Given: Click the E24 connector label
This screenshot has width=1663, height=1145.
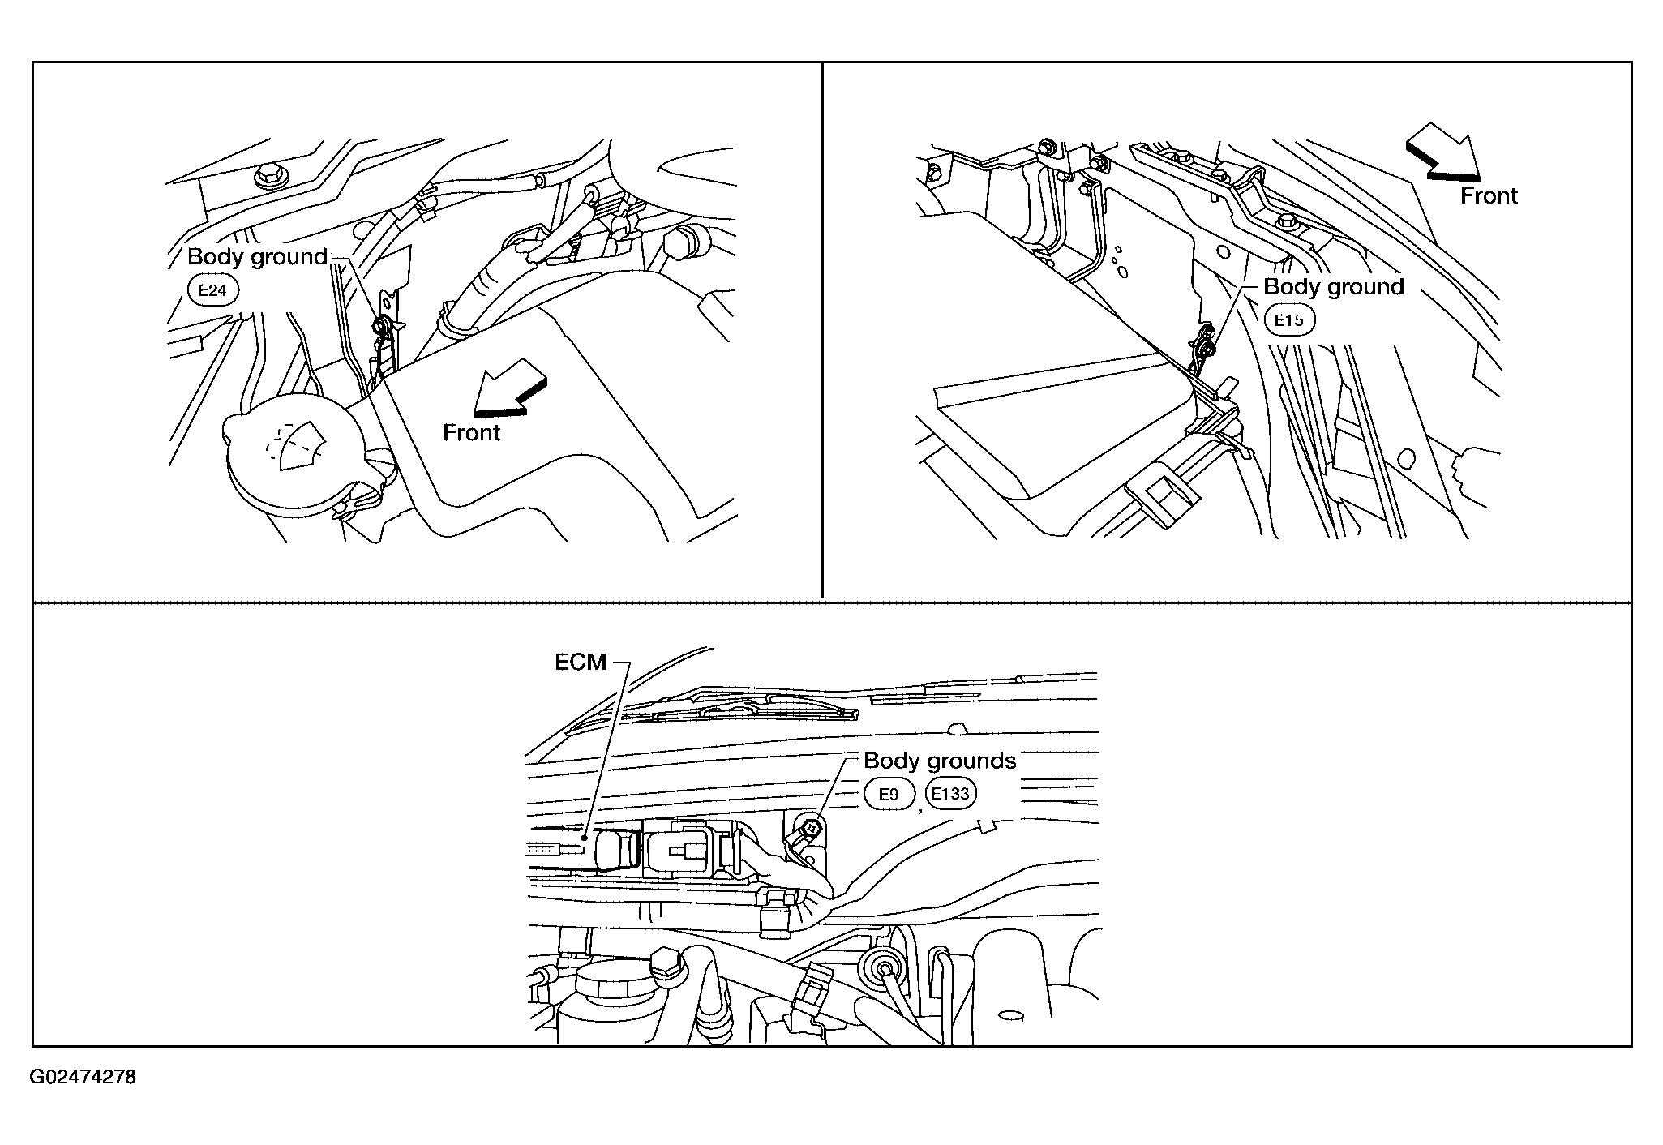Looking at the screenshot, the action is [212, 290].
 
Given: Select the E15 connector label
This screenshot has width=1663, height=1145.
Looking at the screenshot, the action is [1289, 319].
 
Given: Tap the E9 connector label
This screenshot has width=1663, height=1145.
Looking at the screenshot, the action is [889, 794].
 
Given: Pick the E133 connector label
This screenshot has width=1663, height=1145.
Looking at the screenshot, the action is [950, 793].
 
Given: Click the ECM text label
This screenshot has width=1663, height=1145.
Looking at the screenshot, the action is [581, 663].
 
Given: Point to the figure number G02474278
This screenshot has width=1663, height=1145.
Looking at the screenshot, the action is [84, 1077].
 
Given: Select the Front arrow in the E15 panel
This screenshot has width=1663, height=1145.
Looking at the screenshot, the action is [1443, 151].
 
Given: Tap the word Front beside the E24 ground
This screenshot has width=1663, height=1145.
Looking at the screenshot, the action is [471, 433].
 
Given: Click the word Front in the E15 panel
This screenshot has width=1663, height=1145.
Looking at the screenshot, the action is [1489, 196].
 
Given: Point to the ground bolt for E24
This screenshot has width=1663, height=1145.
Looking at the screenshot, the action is [379, 327].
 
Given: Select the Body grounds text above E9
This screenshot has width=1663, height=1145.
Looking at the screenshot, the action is [940, 761].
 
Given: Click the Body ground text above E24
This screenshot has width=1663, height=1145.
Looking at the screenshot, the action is [258, 257].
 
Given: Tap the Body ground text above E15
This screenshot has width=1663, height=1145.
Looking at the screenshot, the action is [1334, 287].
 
